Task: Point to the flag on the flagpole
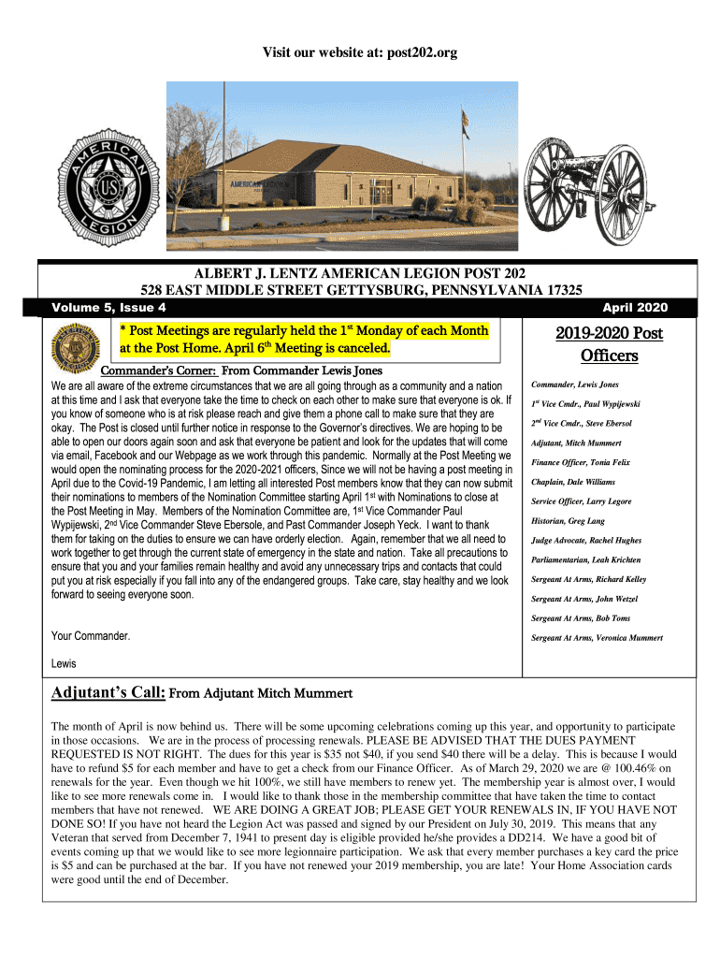click(466, 120)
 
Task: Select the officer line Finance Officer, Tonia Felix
click(581, 462)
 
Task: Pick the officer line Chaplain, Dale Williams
click(574, 482)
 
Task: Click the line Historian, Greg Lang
click(568, 521)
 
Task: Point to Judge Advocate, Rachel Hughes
click(586, 541)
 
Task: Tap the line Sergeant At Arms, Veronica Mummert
click(597, 637)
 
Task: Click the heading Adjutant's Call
click(108, 693)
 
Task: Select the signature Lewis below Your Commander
click(64, 663)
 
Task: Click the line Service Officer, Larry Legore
click(581, 501)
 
